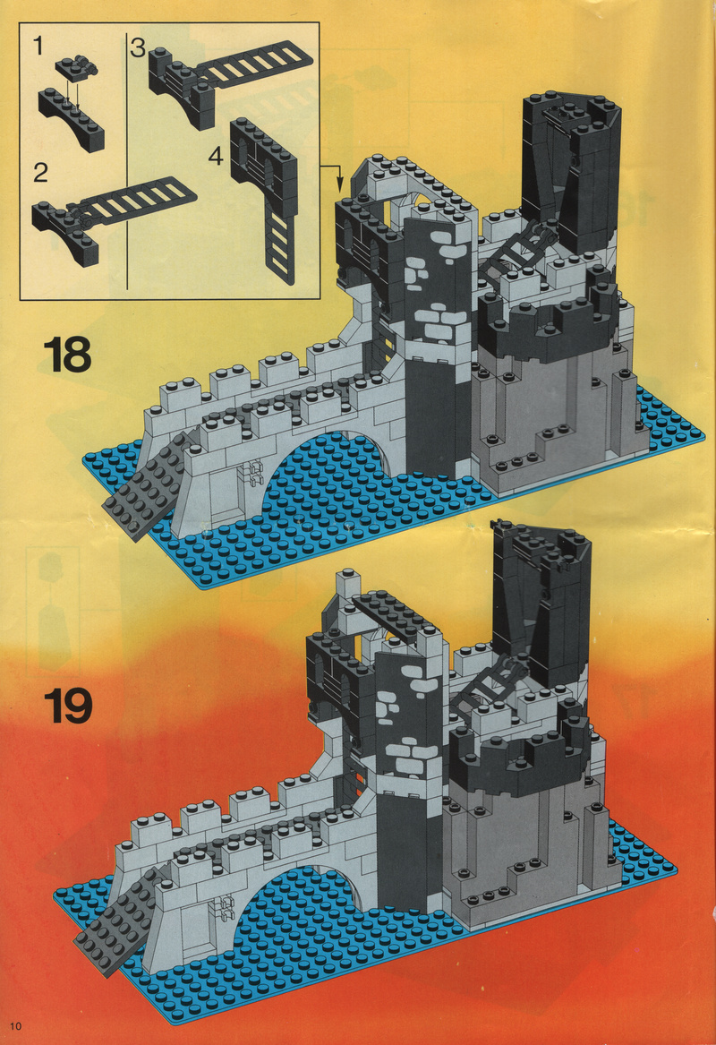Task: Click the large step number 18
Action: click(67, 355)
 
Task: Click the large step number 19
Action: click(68, 707)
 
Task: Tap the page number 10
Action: click(16, 1025)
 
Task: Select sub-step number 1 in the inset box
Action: click(38, 46)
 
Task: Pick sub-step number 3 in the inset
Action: click(137, 47)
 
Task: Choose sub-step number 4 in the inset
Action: click(216, 156)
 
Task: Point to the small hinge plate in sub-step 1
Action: click(77, 65)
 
